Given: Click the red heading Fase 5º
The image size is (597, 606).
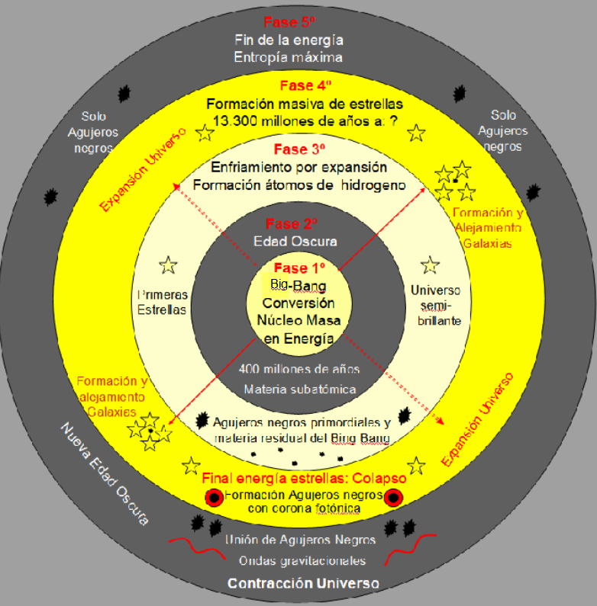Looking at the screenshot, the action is pyautogui.click(x=289, y=22).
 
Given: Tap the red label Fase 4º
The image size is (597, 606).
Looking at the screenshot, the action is pyautogui.click(x=306, y=85).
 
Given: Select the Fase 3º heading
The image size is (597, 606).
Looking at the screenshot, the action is pyautogui.click(x=299, y=149).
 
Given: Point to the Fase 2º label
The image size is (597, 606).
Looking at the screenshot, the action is pyautogui.click(x=292, y=224).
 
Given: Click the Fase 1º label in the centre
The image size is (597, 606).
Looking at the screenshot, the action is pyautogui.click(x=299, y=268).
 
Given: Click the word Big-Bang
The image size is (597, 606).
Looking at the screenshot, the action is pyautogui.click(x=298, y=286).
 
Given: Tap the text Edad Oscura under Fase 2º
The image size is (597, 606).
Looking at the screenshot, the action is pyautogui.click(x=295, y=242).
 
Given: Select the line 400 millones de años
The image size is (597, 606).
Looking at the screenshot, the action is pyautogui.click(x=299, y=369).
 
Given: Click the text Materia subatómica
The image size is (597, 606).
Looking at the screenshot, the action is pyautogui.click(x=300, y=390).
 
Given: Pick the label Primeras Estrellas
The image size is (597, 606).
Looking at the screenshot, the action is pyautogui.click(x=162, y=302).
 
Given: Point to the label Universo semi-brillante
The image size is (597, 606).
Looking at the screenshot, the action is pyautogui.click(x=436, y=306).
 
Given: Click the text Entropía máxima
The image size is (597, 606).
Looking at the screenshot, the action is pyautogui.click(x=288, y=58).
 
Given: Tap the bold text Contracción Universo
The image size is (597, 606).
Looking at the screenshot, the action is pyautogui.click(x=303, y=583).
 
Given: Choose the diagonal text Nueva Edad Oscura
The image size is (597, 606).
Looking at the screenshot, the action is pyautogui.click(x=105, y=474).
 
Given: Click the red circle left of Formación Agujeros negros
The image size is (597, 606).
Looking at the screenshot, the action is pyautogui.click(x=214, y=498).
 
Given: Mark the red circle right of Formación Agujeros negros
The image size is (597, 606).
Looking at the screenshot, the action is pyautogui.click(x=393, y=498).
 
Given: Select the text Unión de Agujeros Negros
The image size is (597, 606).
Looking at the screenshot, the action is pyautogui.click(x=301, y=540).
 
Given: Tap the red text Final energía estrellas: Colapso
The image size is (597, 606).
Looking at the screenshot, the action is pyautogui.click(x=304, y=479).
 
